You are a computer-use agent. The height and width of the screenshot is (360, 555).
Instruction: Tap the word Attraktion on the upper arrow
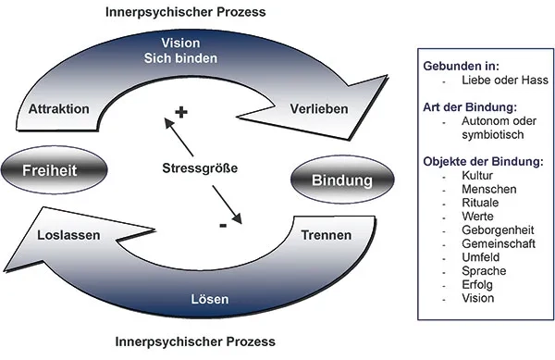(58, 109)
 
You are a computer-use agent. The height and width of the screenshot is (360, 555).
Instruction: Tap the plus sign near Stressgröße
(181, 112)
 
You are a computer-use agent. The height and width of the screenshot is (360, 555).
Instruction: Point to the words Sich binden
(193, 59)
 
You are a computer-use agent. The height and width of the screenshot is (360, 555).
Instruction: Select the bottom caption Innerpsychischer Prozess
(194, 342)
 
